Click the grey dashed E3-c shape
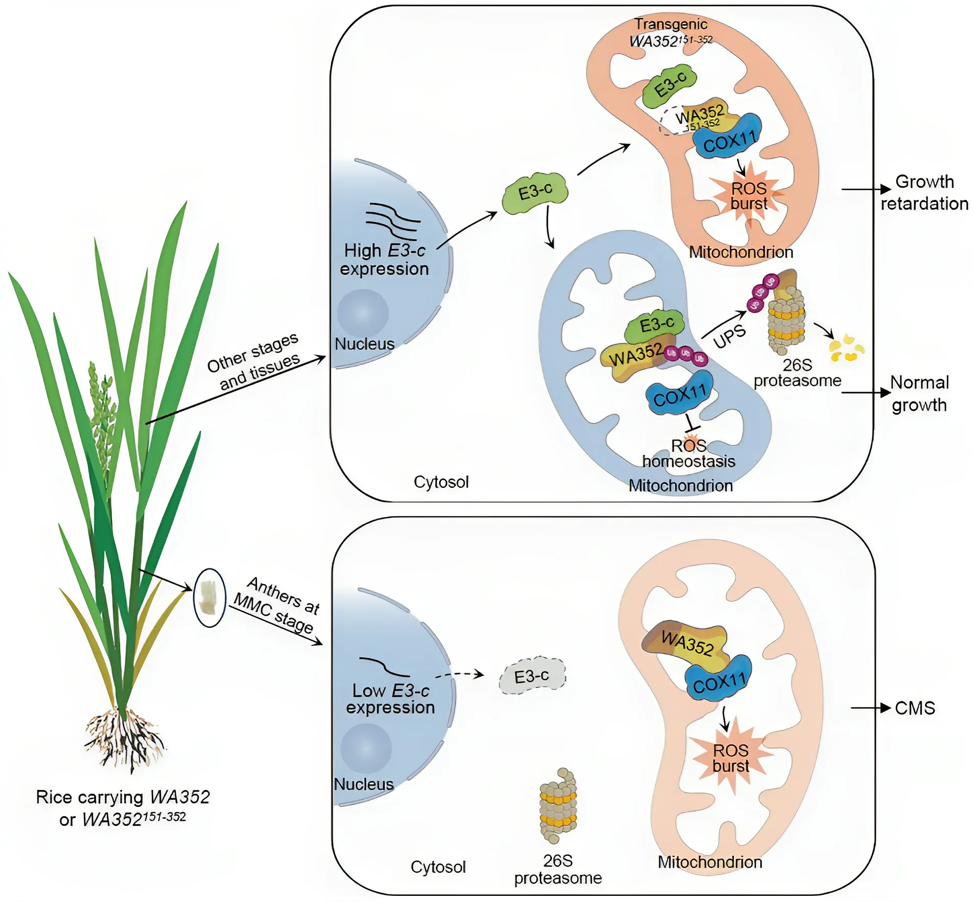[532, 675]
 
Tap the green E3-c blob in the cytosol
[535, 193]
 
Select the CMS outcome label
[915, 708]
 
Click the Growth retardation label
[924, 193]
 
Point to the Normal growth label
[919, 393]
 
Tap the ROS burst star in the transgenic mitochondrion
[749, 196]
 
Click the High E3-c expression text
[384, 260]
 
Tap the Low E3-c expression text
[390, 699]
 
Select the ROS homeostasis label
[688, 454]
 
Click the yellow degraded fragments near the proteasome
[846, 348]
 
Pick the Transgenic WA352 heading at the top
[671, 32]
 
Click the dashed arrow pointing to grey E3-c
[459, 675]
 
